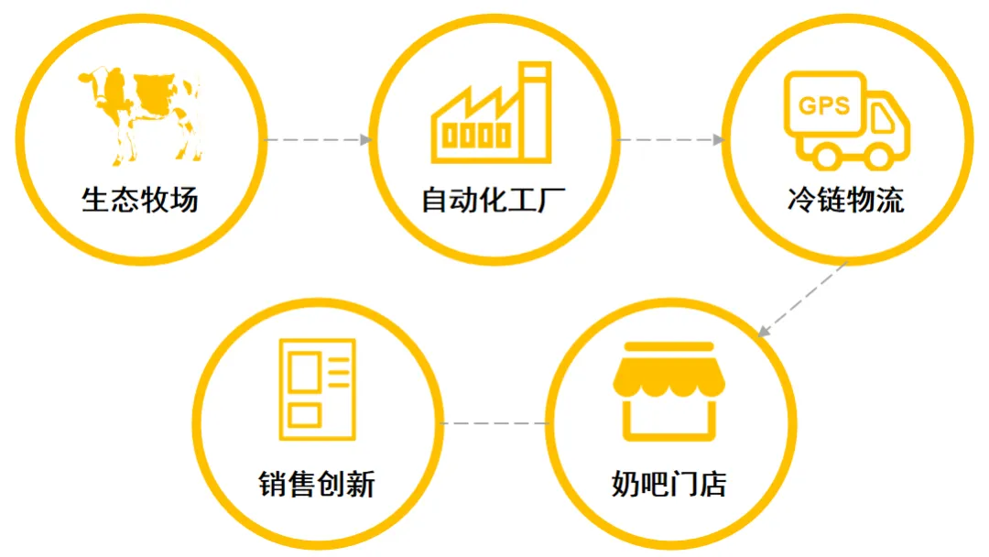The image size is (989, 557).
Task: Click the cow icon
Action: pos(142,110)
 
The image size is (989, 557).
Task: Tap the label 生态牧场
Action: pos(140,200)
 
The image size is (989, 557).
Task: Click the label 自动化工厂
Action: pos(494,200)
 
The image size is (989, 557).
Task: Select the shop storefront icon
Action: pos(668,391)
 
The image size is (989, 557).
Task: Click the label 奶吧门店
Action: pos(669,484)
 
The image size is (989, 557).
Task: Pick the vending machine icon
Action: pos(317,388)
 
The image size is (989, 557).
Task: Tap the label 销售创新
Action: pos(317,484)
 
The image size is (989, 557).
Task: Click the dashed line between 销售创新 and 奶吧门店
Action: pos(494,424)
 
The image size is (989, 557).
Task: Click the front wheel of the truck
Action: pos(878,158)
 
